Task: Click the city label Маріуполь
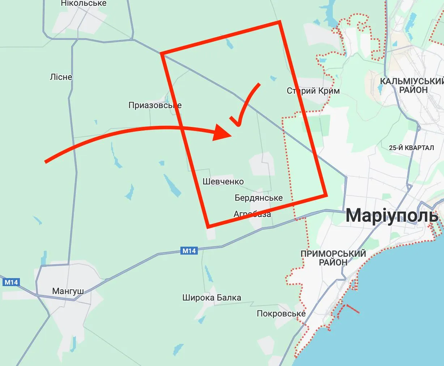[392, 216]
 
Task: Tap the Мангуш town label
[68, 291]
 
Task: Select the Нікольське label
[84, 3]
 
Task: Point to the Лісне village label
[61, 77]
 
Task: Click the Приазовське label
[155, 105]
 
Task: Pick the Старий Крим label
[313, 91]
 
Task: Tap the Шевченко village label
[223, 182]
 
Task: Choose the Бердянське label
[259, 198]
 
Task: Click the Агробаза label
[252, 214]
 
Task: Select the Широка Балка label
[212, 298]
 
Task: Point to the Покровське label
[281, 314]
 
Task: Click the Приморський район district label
[333, 258]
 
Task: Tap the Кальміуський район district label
[411, 85]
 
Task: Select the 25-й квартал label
[411, 148]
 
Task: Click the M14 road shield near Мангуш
[11, 282]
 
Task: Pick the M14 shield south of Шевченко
[189, 251]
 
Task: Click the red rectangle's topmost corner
[279, 22]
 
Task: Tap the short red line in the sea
[353, 309]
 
